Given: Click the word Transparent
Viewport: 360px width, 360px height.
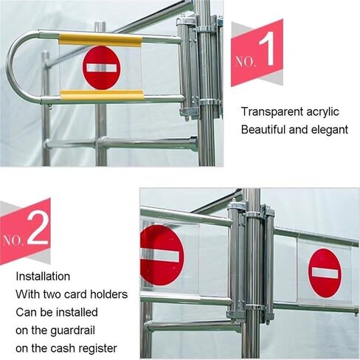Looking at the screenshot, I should pyautogui.click(x=272, y=112).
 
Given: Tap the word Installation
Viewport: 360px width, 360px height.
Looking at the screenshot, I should pyautogui.click(x=43, y=277).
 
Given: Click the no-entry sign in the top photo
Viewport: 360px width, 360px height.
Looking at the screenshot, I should pyautogui.click(x=101, y=67).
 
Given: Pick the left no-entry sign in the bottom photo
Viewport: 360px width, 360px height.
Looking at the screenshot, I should pyautogui.click(x=160, y=255).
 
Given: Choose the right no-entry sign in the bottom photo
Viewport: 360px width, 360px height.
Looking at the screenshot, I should pyautogui.click(x=325, y=272).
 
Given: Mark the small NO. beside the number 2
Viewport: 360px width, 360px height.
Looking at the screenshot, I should pyautogui.click(x=14, y=240).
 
